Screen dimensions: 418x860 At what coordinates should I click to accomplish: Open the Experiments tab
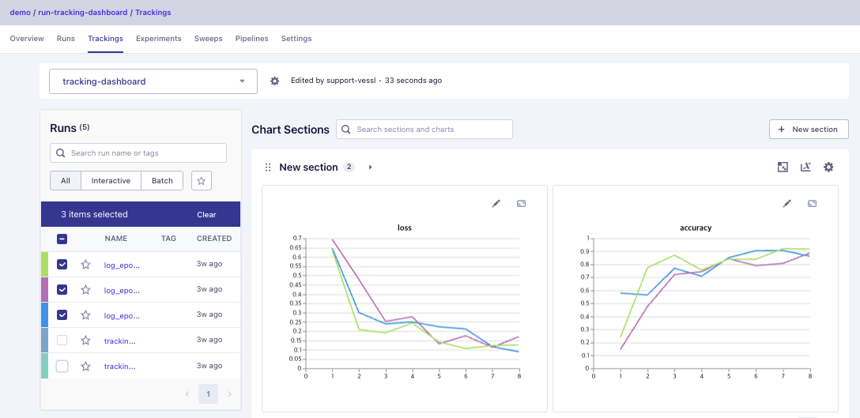158,39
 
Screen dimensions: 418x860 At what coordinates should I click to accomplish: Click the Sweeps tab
208,39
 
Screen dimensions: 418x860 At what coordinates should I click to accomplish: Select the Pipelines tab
251,39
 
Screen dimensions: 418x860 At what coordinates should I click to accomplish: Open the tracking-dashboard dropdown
153,81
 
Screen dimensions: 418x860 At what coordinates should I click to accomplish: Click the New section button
809,129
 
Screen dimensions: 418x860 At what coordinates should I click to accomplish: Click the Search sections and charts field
424,129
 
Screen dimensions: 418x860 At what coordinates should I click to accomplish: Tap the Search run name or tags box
138,153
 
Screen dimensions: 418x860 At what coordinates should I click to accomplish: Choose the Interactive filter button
111,181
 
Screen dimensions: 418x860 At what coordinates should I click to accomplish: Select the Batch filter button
162,181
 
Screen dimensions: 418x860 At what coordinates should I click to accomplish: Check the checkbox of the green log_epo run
62,265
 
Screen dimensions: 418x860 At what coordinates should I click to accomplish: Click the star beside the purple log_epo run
85,290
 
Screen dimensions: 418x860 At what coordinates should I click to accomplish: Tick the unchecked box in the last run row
62,366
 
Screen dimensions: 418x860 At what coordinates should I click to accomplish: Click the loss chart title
404,228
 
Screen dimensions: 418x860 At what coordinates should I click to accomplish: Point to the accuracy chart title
696,228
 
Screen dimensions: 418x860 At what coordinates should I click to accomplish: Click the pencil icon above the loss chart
496,203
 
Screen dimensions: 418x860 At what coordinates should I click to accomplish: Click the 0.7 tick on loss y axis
297,238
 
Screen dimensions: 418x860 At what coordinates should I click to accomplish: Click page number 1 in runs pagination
208,394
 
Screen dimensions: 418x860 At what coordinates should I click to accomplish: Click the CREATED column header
214,238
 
